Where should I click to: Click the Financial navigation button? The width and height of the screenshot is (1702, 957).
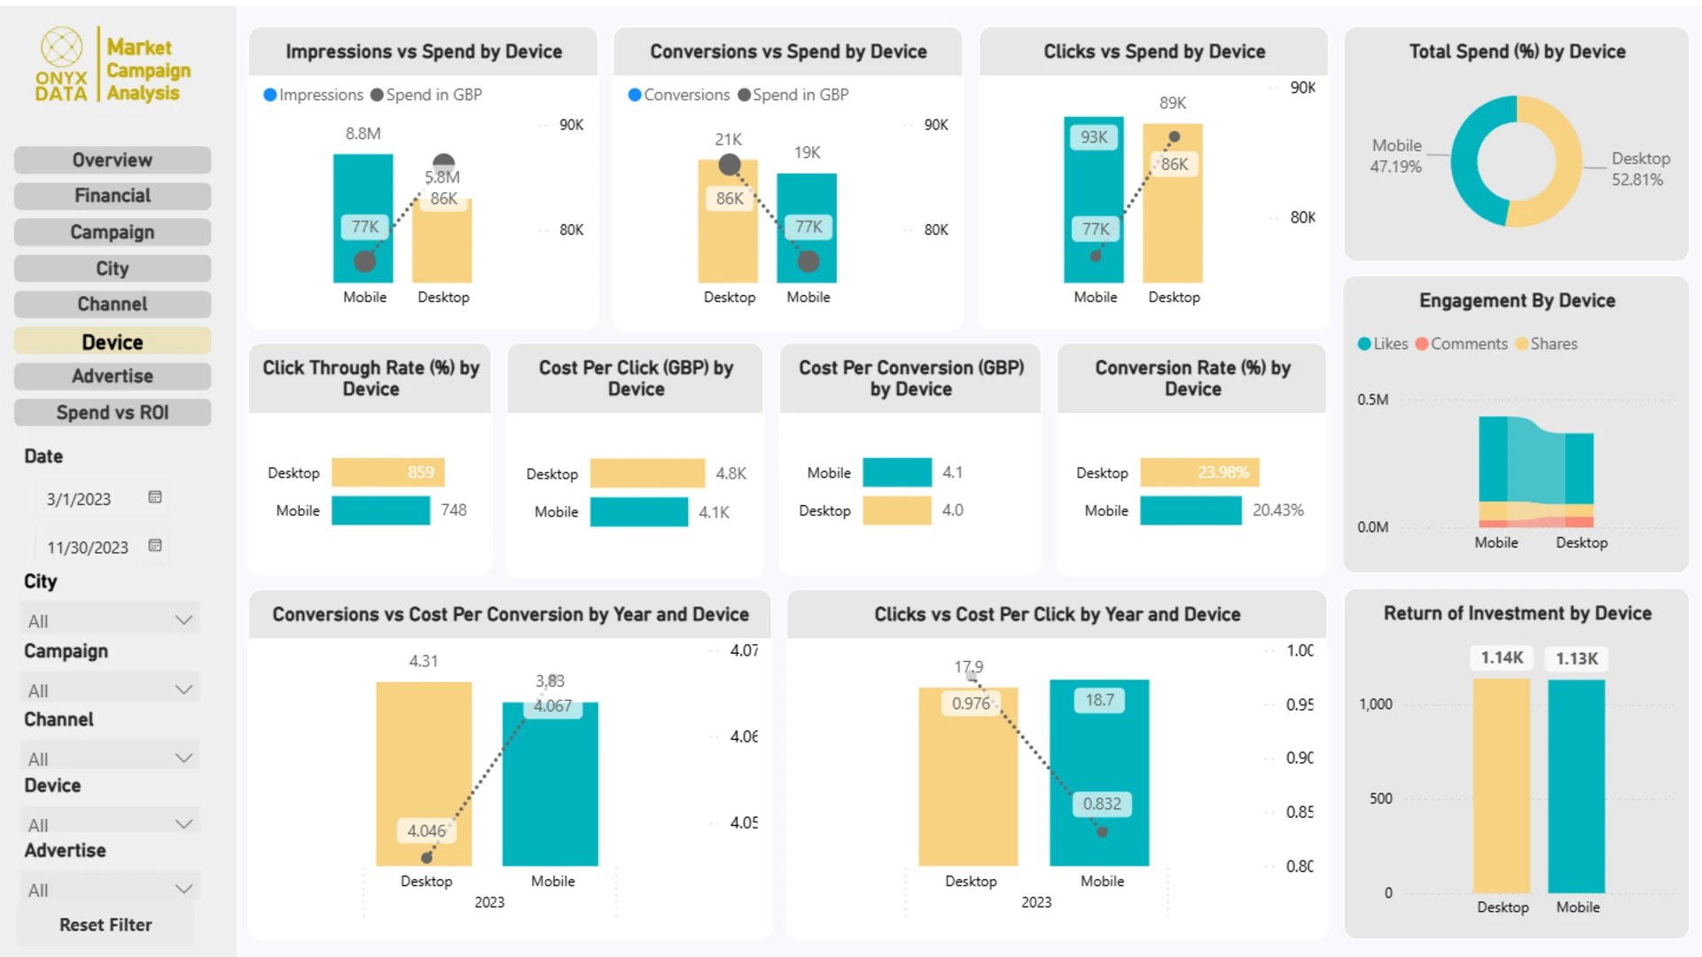point(113,196)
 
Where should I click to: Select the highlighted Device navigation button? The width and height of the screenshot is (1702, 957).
point(113,342)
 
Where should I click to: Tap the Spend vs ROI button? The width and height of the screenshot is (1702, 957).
point(113,413)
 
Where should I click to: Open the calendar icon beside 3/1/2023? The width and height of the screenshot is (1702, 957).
point(155,497)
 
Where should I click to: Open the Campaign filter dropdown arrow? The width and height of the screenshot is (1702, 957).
point(183,689)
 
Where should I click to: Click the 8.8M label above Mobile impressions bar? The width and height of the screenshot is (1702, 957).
point(363,134)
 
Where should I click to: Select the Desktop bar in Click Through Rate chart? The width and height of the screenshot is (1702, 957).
point(387,472)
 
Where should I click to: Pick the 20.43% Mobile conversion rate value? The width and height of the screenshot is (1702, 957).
point(1277,510)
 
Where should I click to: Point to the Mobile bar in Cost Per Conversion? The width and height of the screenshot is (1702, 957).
point(897,472)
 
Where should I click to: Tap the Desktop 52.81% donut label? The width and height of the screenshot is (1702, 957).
point(1639,168)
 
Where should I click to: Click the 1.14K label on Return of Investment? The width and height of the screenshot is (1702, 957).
point(1502,657)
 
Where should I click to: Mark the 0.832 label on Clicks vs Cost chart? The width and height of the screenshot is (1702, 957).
point(1102,804)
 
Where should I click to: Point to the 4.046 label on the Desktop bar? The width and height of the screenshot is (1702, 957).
point(425,830)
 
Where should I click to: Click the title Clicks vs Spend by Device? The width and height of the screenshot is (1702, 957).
point(1153,51)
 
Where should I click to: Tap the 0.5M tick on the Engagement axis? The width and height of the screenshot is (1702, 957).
point(1372,400)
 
